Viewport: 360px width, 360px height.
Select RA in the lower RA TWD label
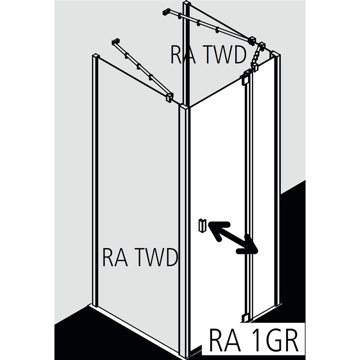point(114,257)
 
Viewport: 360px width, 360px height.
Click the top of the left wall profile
point(95,56)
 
